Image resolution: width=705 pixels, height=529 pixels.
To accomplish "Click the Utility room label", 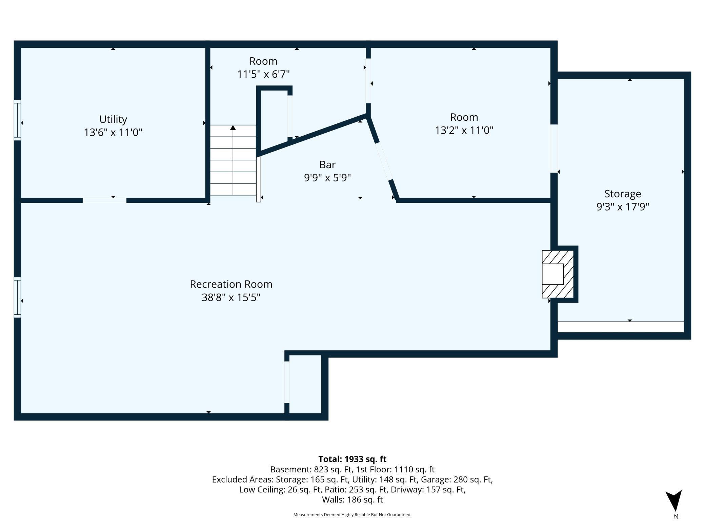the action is click(x=113, y=119).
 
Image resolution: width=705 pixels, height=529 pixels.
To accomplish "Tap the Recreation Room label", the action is click(x=231, y=284).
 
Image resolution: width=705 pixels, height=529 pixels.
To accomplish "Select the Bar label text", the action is click(x=327, y=164).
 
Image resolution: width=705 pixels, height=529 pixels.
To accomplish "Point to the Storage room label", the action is click(x=623, y=194).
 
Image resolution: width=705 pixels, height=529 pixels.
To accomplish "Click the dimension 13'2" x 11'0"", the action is click(x=464, y=130).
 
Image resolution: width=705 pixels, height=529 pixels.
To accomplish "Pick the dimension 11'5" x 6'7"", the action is click(x=263, y=74).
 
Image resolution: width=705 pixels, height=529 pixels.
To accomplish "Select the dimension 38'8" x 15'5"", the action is click(x=231, y=297).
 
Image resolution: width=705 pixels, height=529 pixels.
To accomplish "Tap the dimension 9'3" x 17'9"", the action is click(x=623, y=207).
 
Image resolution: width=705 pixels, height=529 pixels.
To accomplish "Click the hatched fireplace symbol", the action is click(x=558, y=274).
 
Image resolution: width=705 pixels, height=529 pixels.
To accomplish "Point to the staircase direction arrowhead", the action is click(x=233, y=128).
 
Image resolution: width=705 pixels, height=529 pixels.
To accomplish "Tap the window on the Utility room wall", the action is click(x=17, y=120).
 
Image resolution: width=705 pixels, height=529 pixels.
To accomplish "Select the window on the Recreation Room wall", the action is click(x=17, y=297).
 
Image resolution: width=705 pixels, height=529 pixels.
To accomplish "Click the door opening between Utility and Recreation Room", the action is click(x=104, y=200).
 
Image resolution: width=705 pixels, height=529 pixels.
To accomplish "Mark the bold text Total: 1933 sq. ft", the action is click(x=352, y=459).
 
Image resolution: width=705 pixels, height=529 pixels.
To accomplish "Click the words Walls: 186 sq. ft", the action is click(x=352, y=499).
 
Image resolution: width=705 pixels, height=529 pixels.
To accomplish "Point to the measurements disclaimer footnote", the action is click(x=352, y=515).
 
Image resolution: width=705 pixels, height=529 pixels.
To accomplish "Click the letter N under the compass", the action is click(x=676, y=517).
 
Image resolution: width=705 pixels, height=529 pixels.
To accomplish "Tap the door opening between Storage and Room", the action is click(x=554, y=149).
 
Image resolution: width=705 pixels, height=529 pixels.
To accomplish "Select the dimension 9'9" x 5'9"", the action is click(x=327, y=177).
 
